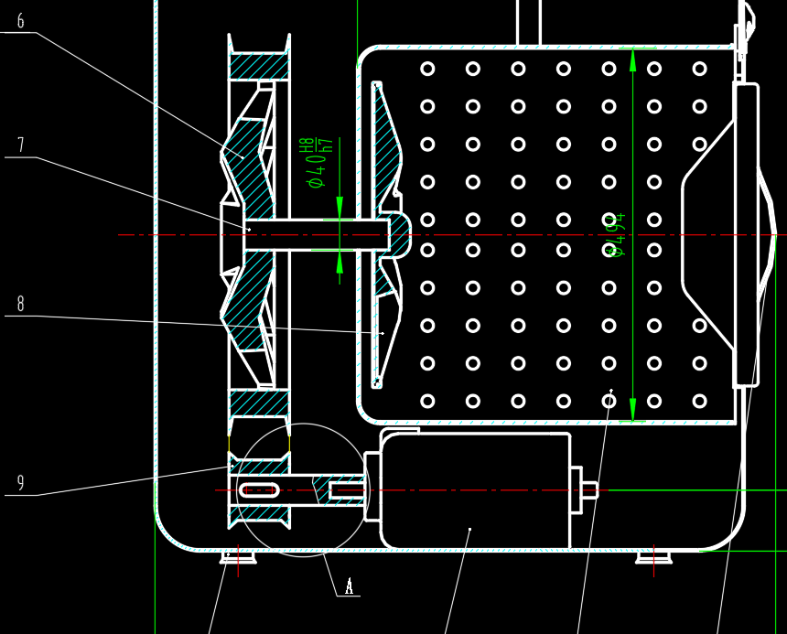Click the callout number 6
20,20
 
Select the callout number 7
20,145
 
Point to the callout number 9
20,482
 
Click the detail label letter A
349,586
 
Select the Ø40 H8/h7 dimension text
318,163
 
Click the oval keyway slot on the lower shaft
259,490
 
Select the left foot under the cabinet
238,556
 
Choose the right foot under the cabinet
653,555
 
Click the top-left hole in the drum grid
427,69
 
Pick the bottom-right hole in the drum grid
699,401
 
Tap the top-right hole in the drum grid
699,69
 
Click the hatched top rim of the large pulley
259,66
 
